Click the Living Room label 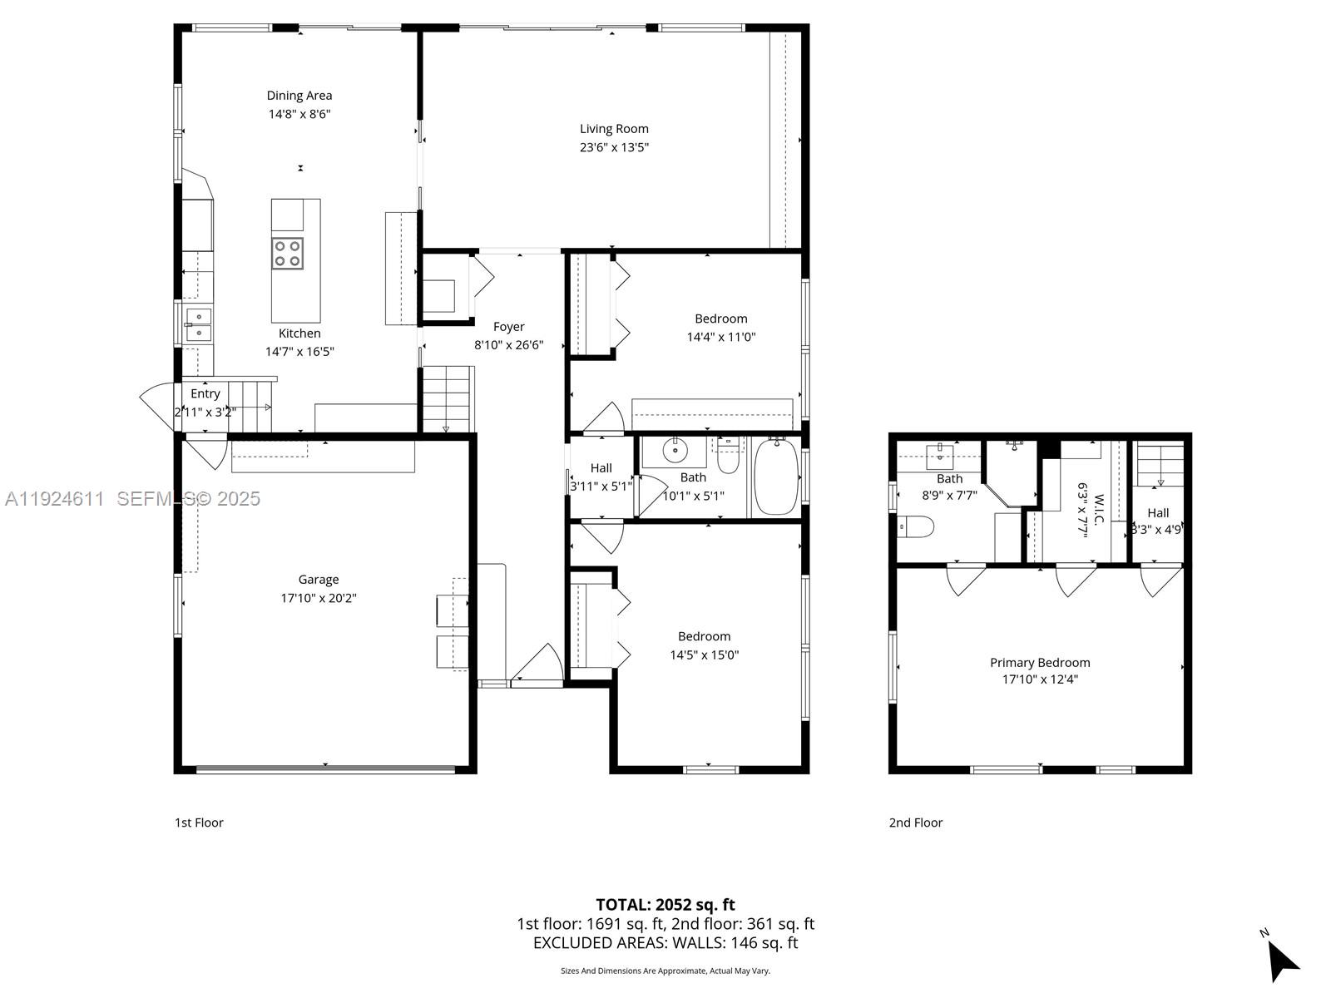tap(614, 129)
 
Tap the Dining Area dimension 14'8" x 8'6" tap(299, 114)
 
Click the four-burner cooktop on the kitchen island tap(288, 254)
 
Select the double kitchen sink tap(198, 325)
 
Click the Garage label tap(319, 580)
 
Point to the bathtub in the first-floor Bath tap(775, 477)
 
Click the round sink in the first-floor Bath tap(675, 452)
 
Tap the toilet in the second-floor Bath tap(917, 526)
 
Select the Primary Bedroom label tap(1040, 663)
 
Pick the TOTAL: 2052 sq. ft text tap(665, 905)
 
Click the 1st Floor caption tap(199, 823)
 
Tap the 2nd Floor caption tap(916, 823)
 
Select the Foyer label tap(508, 327)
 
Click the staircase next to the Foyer tap(448, 399)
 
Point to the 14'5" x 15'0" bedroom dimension tap(704, 655)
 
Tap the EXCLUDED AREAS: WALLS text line tap(665, 943)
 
